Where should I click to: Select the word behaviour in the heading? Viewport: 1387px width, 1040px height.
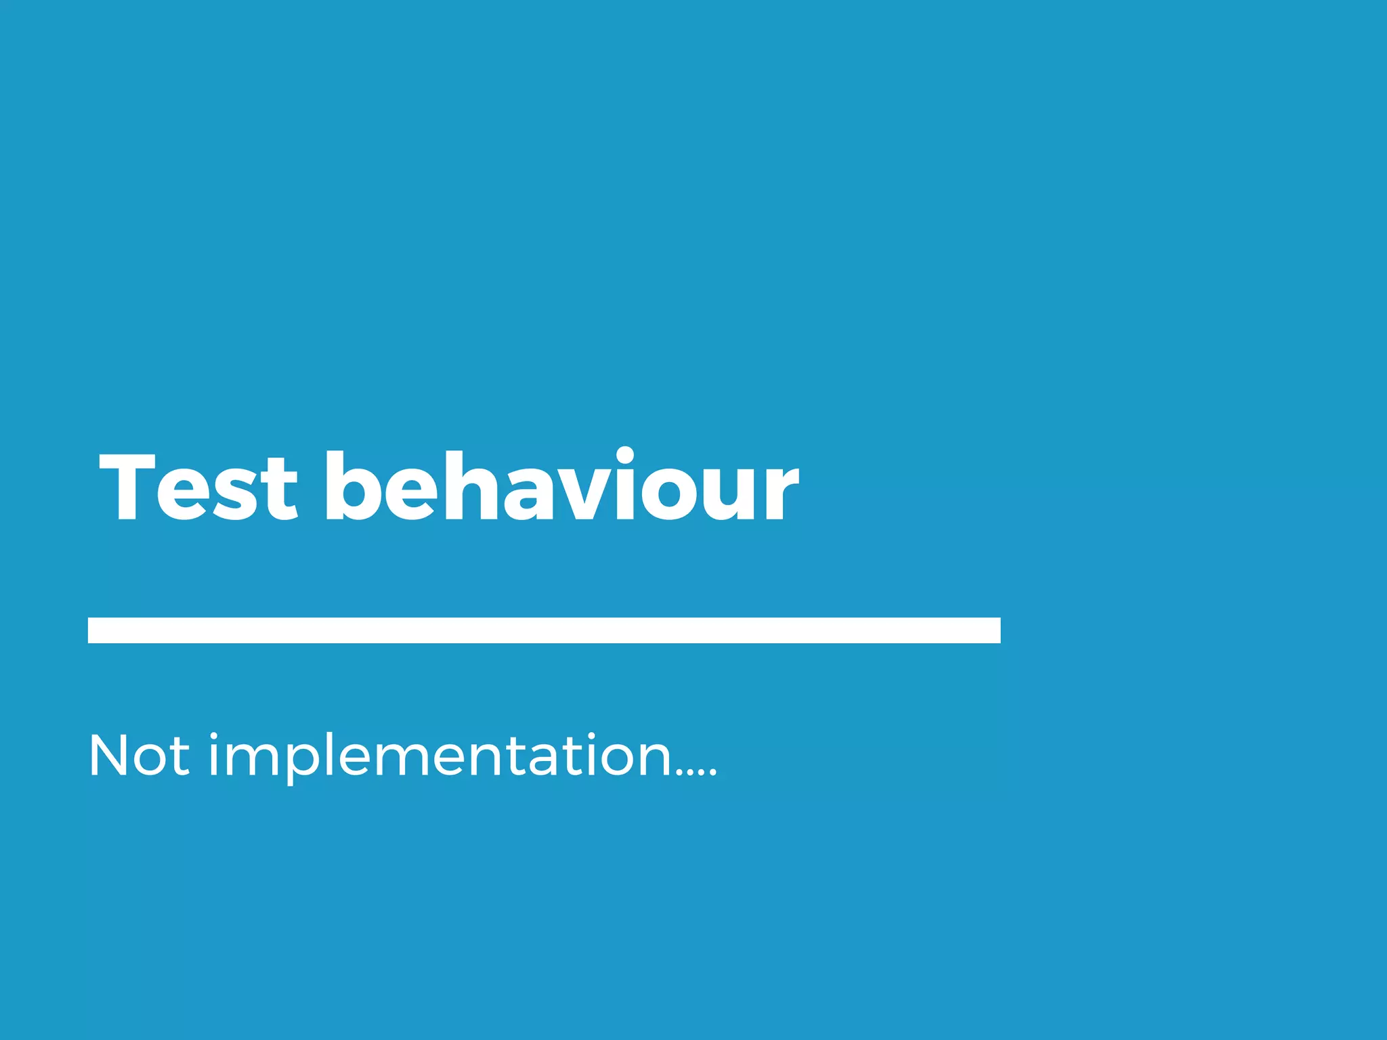[561, 487]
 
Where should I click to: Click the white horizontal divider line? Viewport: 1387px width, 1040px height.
[544, 630]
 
